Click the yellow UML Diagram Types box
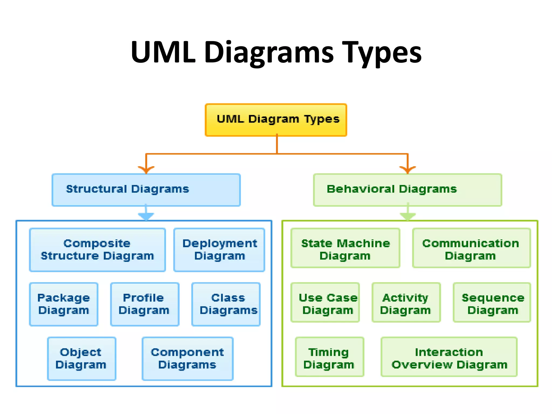click(x=276, y=120)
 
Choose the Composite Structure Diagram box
click(x=97, y=250)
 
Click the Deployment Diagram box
click(x=219, y=250)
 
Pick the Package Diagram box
click(x=64, y=304)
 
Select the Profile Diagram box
click(x=145, y=304)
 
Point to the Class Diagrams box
click(x=226, y=304)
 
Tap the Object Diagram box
click(x=82, y=358)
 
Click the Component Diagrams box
click(x=188, y=358)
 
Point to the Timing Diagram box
click(x=330, y=357)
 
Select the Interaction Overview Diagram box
click(x=449, y=357)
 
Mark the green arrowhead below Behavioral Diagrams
click(x=408, y=216)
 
